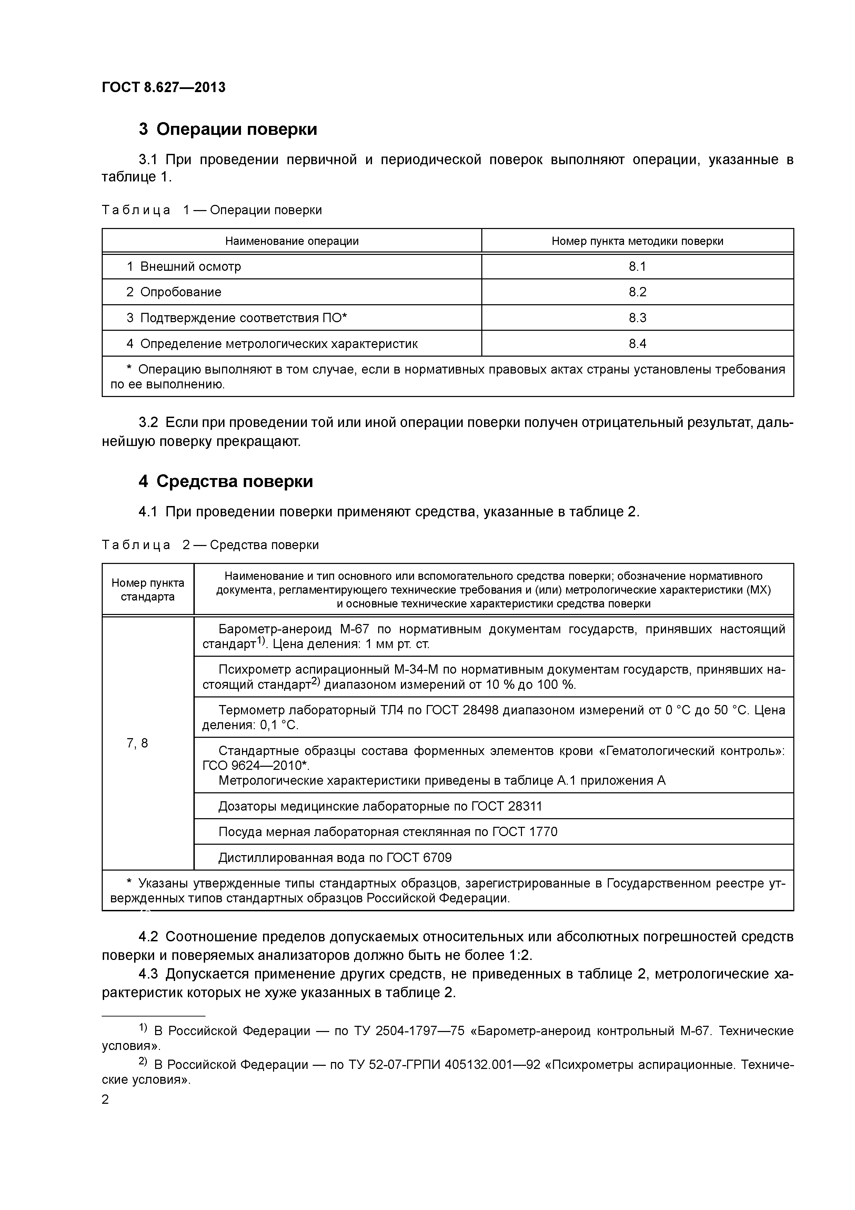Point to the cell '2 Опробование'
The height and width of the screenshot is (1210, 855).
[174, 292]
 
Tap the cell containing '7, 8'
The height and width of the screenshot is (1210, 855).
[138, 743]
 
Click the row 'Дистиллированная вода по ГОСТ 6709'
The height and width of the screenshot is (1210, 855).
[335, 857]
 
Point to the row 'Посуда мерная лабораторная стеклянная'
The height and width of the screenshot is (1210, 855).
[388, 832]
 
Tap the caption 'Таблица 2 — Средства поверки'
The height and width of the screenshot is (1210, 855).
[210, 545]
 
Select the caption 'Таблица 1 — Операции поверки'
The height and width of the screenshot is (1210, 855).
[211, 210]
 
